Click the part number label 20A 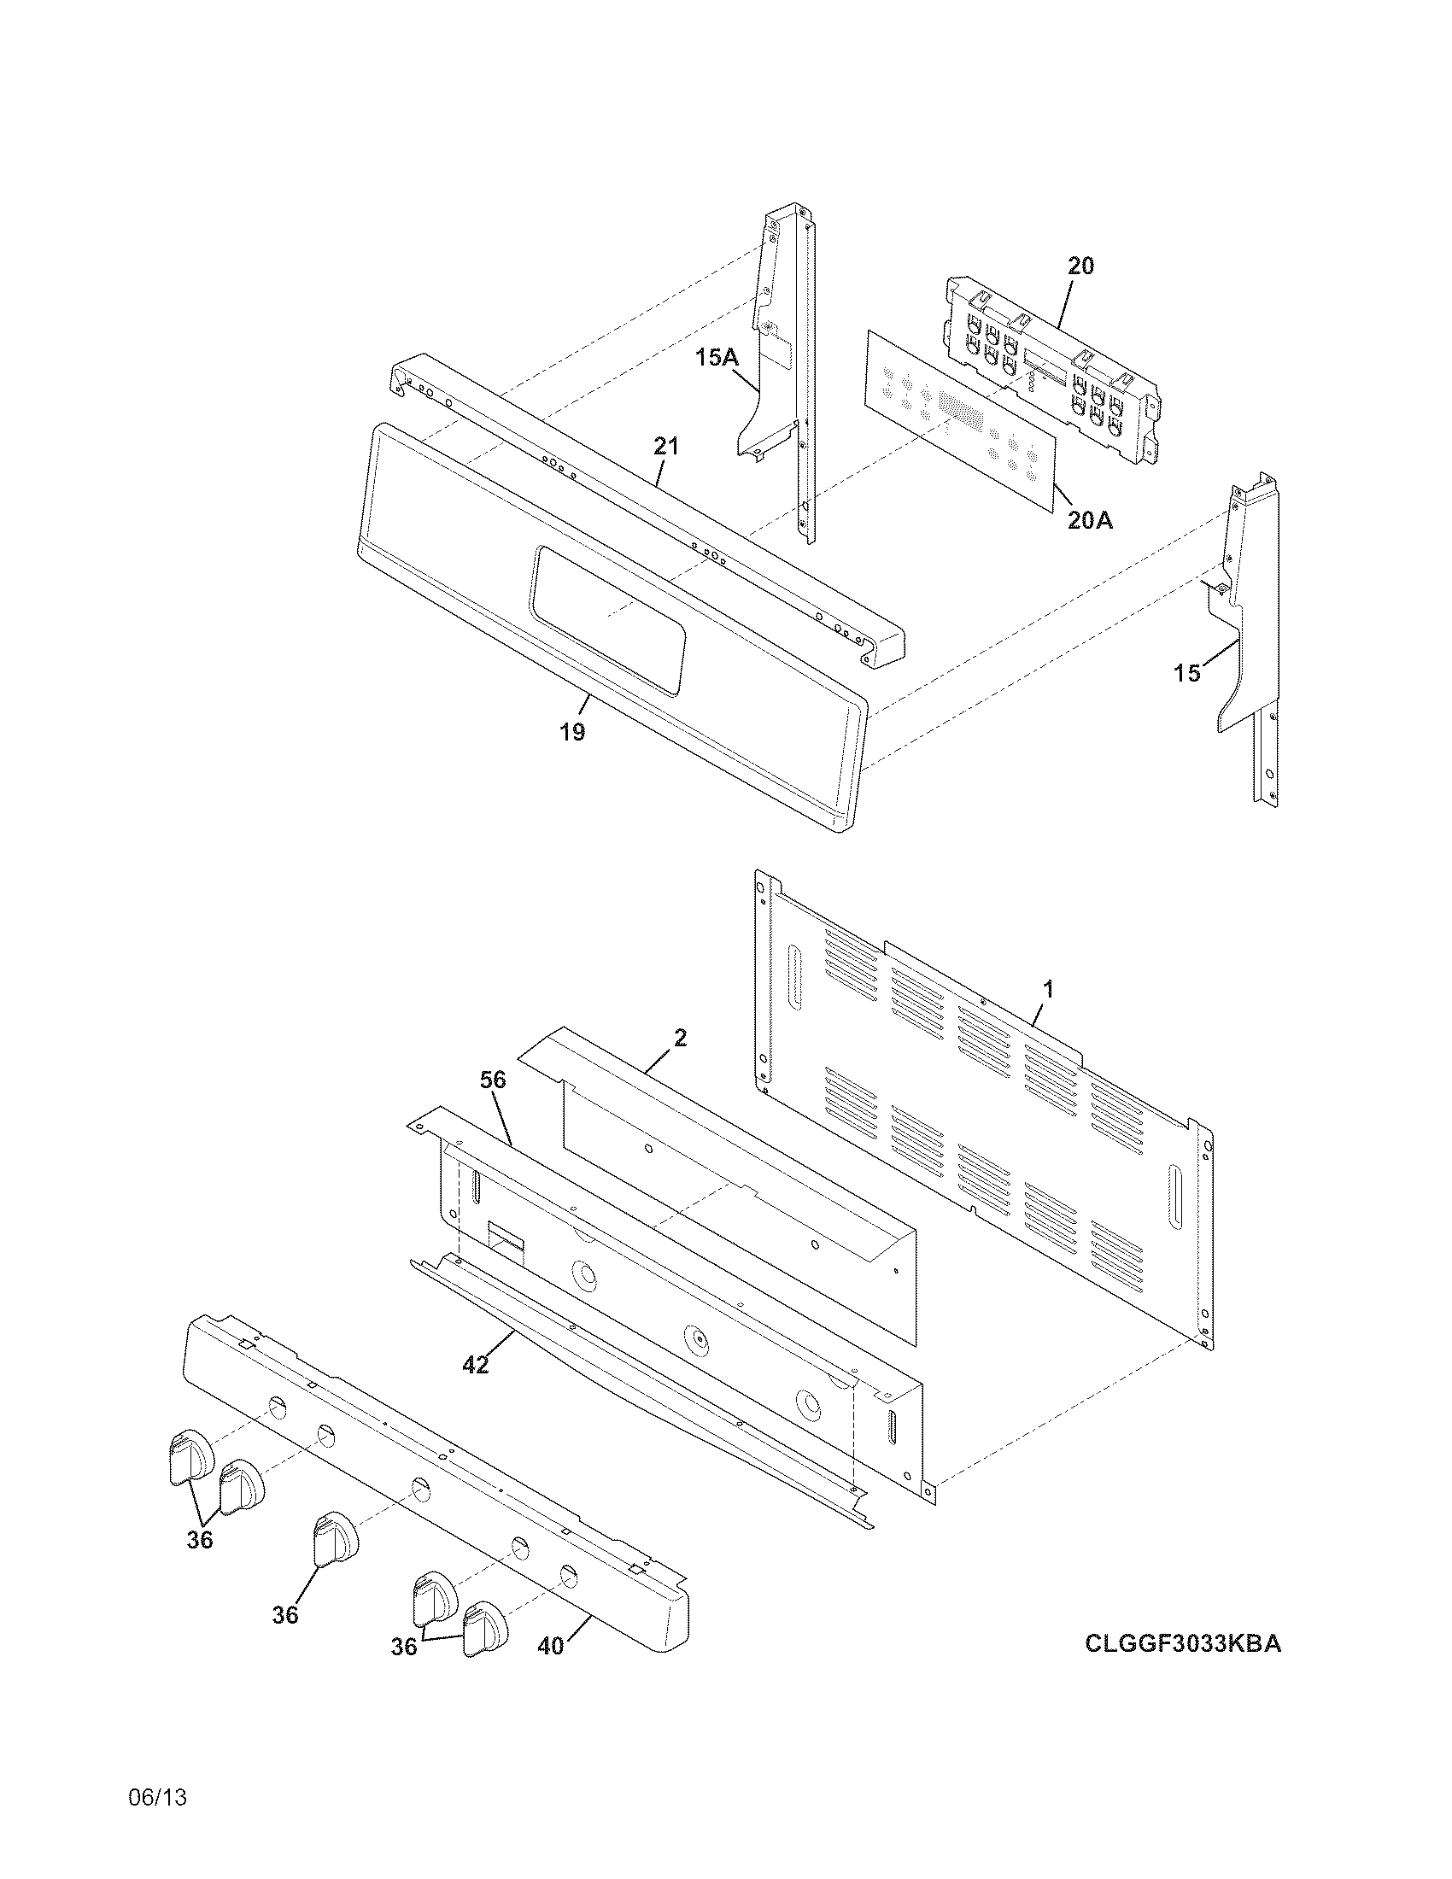tap(1089, 519)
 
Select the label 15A tap(717, 357)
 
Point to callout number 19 tap(572, 732)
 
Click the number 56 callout tap(493, 1080)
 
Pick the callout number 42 tap(475, 1365)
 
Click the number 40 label tap(551, 1646)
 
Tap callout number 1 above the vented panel tap(1048, 990)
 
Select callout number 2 tap(680, 1039)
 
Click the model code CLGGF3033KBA tap(1183, 1644)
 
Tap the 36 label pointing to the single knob tap(285, 1616)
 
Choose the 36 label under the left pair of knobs tap(200, 1540)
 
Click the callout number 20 tap(1081, 266)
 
